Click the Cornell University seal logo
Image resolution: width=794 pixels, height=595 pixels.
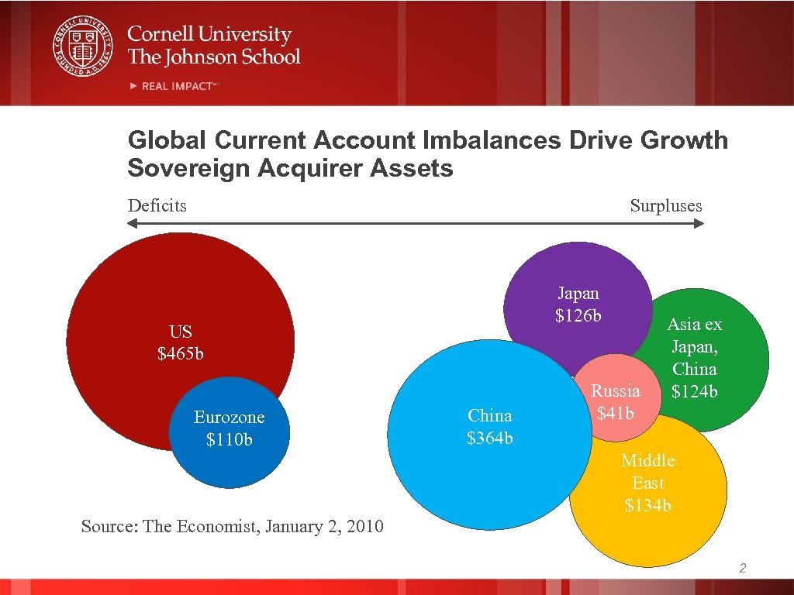pos(82,47)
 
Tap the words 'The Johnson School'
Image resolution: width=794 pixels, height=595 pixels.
pos(213,57)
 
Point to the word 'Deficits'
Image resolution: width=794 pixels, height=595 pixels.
pos(157,205)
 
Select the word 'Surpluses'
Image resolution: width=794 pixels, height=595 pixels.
pos(665,205)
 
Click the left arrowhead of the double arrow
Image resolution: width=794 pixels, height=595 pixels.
pos(133,224)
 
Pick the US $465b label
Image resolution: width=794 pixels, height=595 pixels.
pos(180,342)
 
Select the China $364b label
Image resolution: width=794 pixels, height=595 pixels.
pos(489,427)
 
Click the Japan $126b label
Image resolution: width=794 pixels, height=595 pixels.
pos(578,304)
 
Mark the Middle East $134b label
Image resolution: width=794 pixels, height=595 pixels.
pos(647,483)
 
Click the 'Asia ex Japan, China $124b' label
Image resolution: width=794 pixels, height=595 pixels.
pos(694,358)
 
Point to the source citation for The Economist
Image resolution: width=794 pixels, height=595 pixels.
pos(232,527)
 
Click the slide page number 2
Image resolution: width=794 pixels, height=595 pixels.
pos(742,569)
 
